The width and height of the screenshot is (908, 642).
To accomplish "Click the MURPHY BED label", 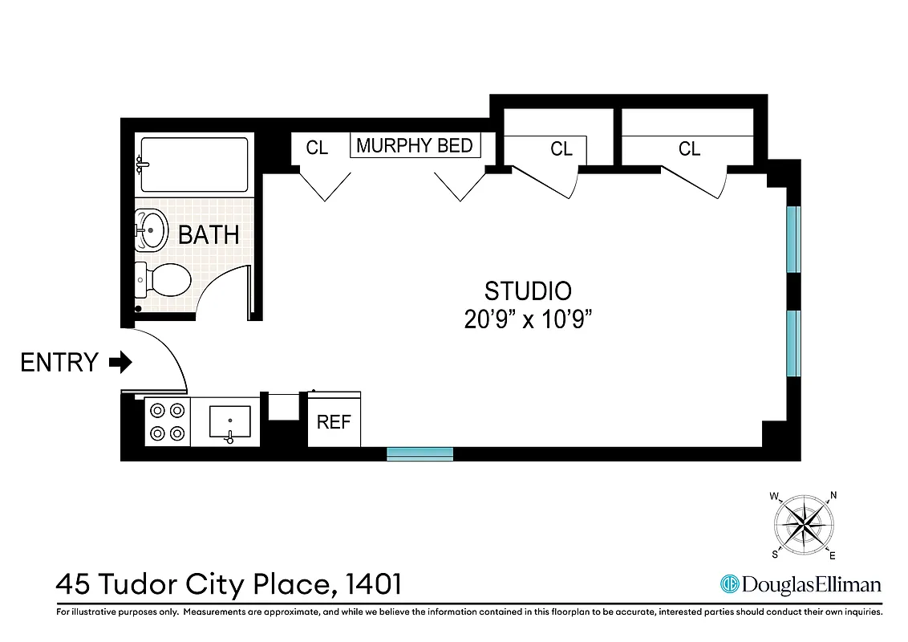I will tap(415, 146).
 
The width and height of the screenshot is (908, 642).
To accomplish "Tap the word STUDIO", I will tap(528, 291).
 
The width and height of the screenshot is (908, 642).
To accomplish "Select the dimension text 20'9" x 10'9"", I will tap(528, 319).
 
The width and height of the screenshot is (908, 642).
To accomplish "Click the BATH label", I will tap(209, 235).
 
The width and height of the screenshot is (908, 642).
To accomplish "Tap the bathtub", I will tap(194, 165).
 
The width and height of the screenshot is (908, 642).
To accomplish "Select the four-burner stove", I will tap(167, 422).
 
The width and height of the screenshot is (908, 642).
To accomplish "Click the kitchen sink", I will tap(230, 422).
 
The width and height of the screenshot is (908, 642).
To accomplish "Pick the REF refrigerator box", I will tap(334, 422).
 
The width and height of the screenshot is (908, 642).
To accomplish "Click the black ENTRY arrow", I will tap(120, 363).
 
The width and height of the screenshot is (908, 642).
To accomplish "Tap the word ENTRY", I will tap(59, 363).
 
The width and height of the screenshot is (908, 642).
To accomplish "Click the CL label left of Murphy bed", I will tap(318, 148).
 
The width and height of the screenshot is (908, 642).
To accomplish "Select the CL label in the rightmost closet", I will tap(689, 149).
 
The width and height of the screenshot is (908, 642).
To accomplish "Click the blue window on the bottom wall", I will tap(420, 453).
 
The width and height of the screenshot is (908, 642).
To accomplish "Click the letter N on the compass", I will tap(833, 495).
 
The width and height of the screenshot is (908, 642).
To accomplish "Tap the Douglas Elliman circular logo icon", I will tap(729, 584).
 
